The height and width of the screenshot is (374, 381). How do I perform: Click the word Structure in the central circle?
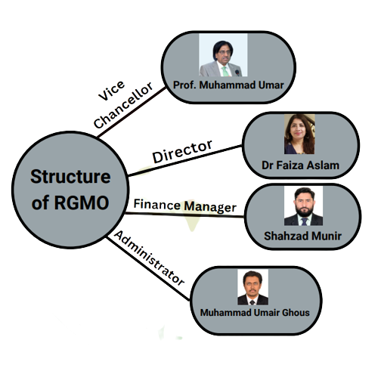pos(70,177)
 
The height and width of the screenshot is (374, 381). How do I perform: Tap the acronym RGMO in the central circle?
pos(82,202)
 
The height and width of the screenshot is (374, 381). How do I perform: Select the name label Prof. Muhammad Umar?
pos(228,85)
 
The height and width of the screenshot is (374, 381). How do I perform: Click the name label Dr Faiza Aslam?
pos(300,165)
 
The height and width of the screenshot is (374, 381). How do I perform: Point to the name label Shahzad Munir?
pos(302,236)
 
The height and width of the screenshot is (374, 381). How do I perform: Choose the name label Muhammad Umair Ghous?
pos(255,313)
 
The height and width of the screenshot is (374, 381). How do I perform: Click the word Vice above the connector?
pos(111,91)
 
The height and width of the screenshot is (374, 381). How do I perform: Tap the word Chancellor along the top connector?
pos(123,105)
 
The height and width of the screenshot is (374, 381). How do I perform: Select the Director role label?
pos(182,151)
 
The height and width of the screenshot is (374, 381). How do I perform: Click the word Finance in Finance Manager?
pos(156,204)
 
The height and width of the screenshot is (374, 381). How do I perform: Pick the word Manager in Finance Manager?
pos(210,207)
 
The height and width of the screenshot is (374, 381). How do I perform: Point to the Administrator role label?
pos(149,258)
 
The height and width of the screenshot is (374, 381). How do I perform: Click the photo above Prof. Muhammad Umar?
pos(223,55)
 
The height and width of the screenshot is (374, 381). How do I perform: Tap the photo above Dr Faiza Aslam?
pos(299,134)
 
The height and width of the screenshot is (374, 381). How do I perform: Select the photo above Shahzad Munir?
pos(303,206)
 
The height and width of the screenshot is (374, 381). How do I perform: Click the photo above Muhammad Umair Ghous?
pos(252,287)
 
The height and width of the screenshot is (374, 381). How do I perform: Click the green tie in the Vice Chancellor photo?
pos(225,72)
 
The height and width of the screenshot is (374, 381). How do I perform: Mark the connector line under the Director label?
pos(185,160)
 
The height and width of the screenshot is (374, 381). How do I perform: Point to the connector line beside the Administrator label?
pos(147,268)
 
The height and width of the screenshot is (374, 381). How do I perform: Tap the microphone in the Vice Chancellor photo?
pos(237,73)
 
